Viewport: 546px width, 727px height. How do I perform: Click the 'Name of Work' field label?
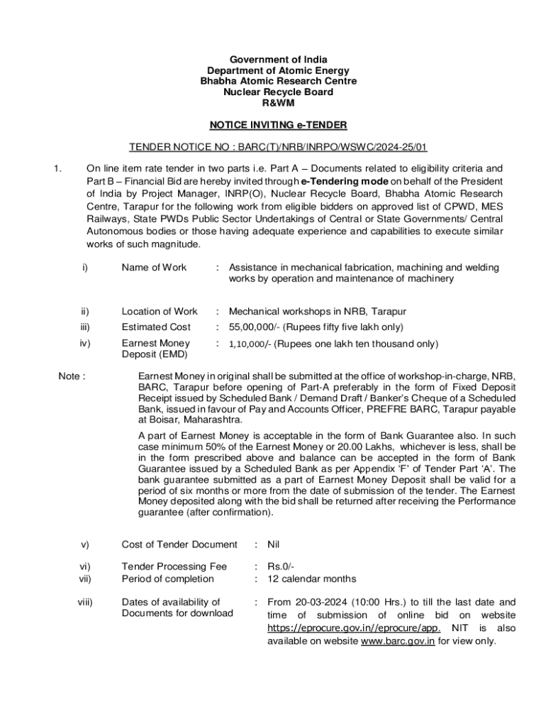pos(154,267)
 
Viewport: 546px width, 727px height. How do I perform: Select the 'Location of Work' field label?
pos(160,311)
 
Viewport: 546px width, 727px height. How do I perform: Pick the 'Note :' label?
pos(72,376)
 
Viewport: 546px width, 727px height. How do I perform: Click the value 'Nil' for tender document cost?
pos(275,545)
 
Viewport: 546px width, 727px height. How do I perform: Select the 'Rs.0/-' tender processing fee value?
pos(281,567)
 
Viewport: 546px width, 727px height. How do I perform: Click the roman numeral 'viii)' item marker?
pos(87,602)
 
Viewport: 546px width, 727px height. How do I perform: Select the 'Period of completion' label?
pos(167,579)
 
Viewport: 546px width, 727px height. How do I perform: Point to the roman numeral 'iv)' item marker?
pos(85,344)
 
